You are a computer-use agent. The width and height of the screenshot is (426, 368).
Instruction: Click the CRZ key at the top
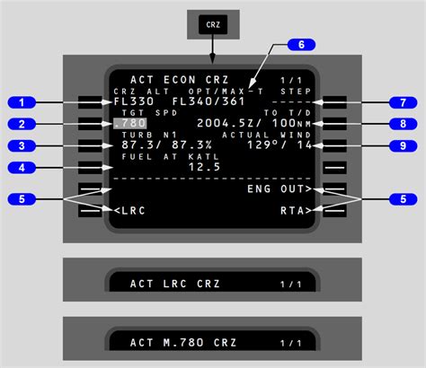(x=213, y=24)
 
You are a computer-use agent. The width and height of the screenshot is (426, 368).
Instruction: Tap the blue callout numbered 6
(x=301, y=45)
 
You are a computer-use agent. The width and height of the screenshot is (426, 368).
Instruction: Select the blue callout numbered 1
(x=22, y=102)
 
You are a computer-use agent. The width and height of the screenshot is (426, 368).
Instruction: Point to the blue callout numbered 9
(x=403, y=145)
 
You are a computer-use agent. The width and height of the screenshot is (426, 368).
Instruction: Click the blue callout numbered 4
(x=22, y=168)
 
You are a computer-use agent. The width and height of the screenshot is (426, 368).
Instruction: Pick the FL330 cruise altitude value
(x=134, y=101)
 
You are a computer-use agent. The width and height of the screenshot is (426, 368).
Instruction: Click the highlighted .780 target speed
(x=130, y=123)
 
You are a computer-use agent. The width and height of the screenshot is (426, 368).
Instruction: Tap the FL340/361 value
(x=209, y=101)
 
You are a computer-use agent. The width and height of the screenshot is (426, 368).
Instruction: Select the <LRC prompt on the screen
(x=129, y=211)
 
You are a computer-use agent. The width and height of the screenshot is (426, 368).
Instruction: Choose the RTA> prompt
(x=296, y=211)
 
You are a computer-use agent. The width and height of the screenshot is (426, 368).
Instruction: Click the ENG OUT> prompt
(x=280, y=189)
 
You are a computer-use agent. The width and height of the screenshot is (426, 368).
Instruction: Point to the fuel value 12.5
(x=205, y=167)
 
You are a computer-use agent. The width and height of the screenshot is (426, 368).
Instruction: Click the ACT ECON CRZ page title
(x=180, y=80)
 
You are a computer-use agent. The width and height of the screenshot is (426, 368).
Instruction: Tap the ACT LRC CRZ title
(x=175, y=284)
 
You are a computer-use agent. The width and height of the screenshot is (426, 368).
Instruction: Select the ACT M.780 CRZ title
(x=183, y=343)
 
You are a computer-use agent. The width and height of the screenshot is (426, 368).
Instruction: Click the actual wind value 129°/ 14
(x=280, y=145)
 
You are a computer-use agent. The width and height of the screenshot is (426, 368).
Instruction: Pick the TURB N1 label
(x=149, y=135)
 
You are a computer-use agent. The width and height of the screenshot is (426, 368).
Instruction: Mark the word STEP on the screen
(x=296, y=92)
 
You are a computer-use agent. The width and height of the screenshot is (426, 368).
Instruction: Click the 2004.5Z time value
(x=226, y=123)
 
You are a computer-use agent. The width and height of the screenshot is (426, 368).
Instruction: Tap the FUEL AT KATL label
(x=171, y=157)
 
